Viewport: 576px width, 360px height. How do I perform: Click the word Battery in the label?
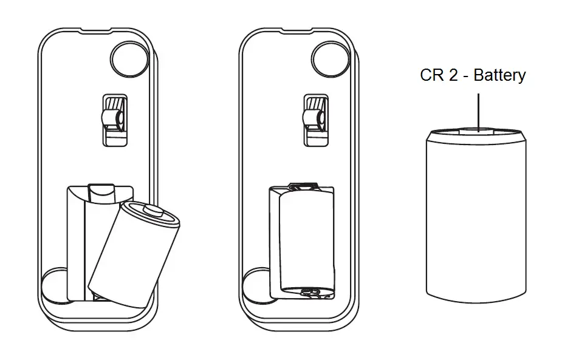pos(499,75)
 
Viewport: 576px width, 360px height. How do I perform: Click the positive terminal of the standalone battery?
pos(476,131)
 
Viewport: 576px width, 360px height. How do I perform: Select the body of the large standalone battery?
pos(476,217)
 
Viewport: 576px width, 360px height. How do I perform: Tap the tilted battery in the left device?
pos(134,254)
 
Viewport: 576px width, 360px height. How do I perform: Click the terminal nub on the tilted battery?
pos(153,211)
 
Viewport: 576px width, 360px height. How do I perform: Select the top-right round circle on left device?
pos(129,59)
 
